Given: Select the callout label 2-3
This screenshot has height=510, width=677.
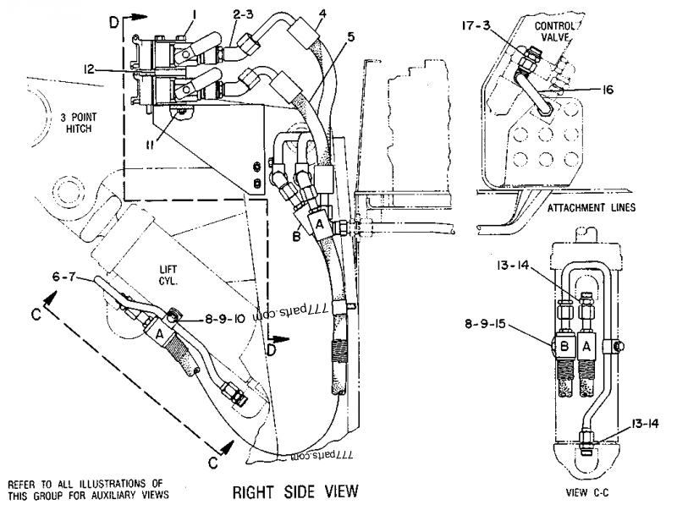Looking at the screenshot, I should tap(220, 14).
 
